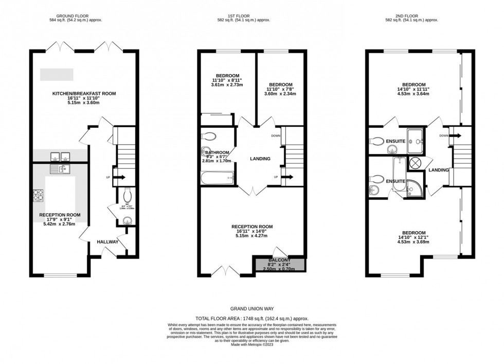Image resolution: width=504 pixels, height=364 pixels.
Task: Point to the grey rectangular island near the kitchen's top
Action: (x=57, y=74)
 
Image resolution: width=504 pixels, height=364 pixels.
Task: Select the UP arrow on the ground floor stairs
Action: (x=118, y=178)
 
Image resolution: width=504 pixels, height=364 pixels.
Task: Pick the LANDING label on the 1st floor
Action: (x=260, y=159)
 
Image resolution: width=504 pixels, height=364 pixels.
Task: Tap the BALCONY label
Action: (x=279, y=260)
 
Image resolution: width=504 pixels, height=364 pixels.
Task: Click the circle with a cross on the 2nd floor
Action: (x=415, y=164)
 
